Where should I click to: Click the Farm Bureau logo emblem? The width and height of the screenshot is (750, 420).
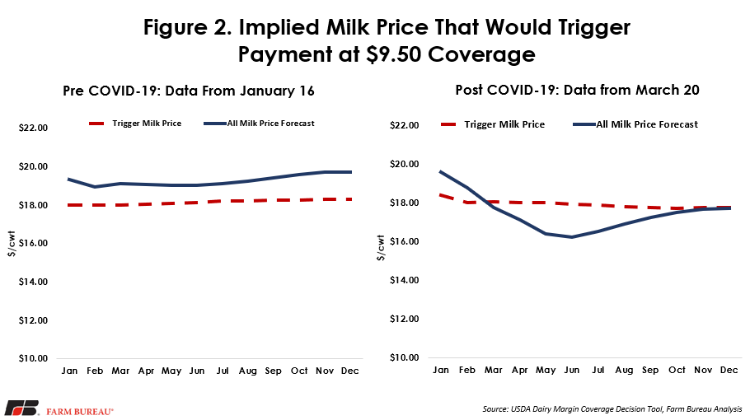22,408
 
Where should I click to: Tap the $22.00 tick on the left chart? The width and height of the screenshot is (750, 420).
33,128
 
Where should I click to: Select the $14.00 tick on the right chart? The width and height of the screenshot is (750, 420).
404,280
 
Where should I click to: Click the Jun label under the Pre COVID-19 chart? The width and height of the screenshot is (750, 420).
197,371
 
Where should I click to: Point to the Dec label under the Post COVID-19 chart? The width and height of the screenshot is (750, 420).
729,370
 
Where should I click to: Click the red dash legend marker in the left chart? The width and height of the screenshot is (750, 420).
96,124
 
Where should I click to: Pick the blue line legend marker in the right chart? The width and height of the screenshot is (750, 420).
584,124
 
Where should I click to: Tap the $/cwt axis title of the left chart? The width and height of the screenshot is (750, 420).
12,244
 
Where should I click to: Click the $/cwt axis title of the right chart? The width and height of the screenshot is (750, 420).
381,248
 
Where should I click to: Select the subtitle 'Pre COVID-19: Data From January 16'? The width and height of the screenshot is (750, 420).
189,91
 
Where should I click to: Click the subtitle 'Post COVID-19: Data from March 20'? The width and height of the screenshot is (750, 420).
577,90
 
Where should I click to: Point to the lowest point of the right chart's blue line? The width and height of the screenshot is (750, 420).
572,237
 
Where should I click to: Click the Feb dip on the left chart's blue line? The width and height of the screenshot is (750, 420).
95,187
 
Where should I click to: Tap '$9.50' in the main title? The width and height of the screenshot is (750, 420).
394,54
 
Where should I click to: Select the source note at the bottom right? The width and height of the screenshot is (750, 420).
612,409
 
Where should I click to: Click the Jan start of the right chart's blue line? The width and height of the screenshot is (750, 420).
441,171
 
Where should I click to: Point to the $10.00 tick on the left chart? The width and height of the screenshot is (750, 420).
33,358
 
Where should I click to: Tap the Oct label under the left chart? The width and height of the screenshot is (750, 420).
299,371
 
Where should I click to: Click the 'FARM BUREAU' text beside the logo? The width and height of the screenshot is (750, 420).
80,412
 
